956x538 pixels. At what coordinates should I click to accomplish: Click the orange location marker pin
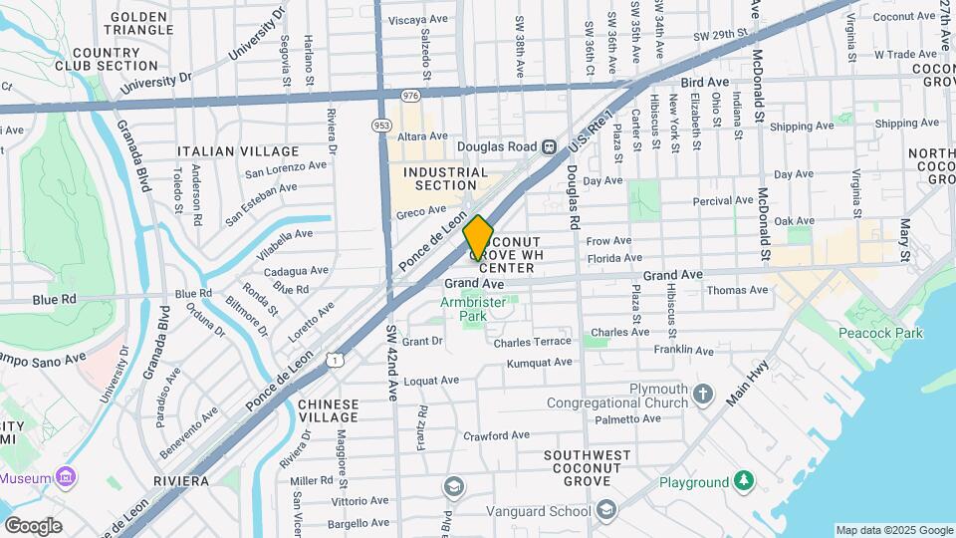pos(479,237)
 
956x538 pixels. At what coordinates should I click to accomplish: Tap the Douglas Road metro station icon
pos(549,145)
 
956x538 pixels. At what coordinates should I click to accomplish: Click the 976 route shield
pos(410,95)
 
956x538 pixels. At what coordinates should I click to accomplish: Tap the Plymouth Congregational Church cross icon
pos(704,393)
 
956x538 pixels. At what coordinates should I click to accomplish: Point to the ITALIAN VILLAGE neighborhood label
pos(224,151)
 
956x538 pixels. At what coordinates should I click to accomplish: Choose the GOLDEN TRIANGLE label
pos(140,24)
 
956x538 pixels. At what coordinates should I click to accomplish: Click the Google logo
pos(33,526)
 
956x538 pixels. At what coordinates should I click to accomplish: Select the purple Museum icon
pos(66,477)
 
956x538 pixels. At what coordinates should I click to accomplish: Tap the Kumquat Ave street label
pos(539,362)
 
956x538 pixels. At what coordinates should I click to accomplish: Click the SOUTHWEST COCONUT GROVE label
pos(588,462)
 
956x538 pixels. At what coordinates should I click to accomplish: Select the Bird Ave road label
pos(699,85)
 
